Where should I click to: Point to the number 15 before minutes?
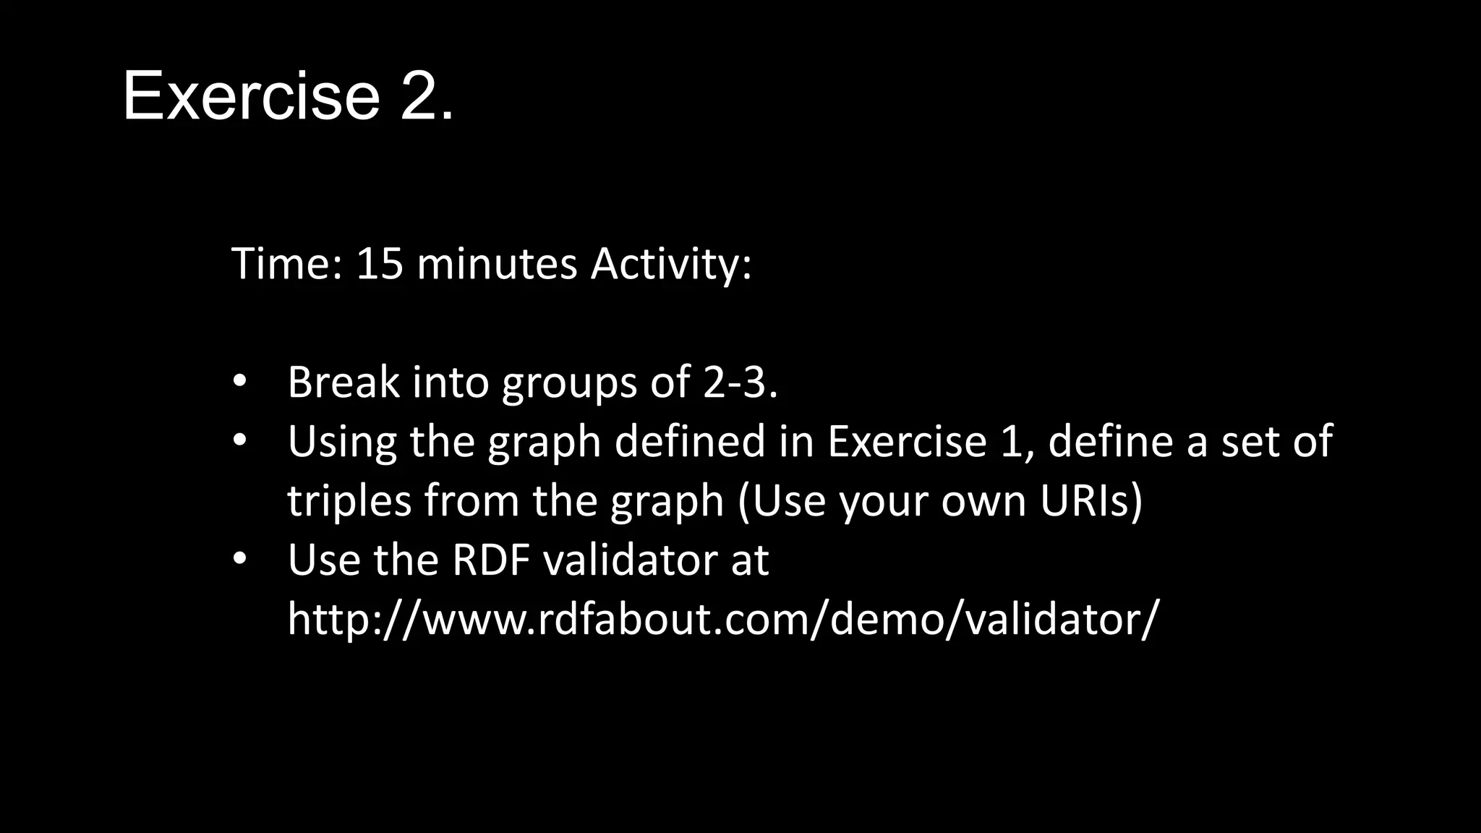point(379,264)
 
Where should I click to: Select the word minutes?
point(497,264)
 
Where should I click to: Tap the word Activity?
point(671,264)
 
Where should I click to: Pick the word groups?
point(569,383)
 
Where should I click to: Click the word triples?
point(349,501)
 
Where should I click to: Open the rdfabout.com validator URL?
point(722,620)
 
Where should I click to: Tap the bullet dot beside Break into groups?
point(240,381)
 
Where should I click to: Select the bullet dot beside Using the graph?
point(240,440)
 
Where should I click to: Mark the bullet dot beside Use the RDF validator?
point(240,559)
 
